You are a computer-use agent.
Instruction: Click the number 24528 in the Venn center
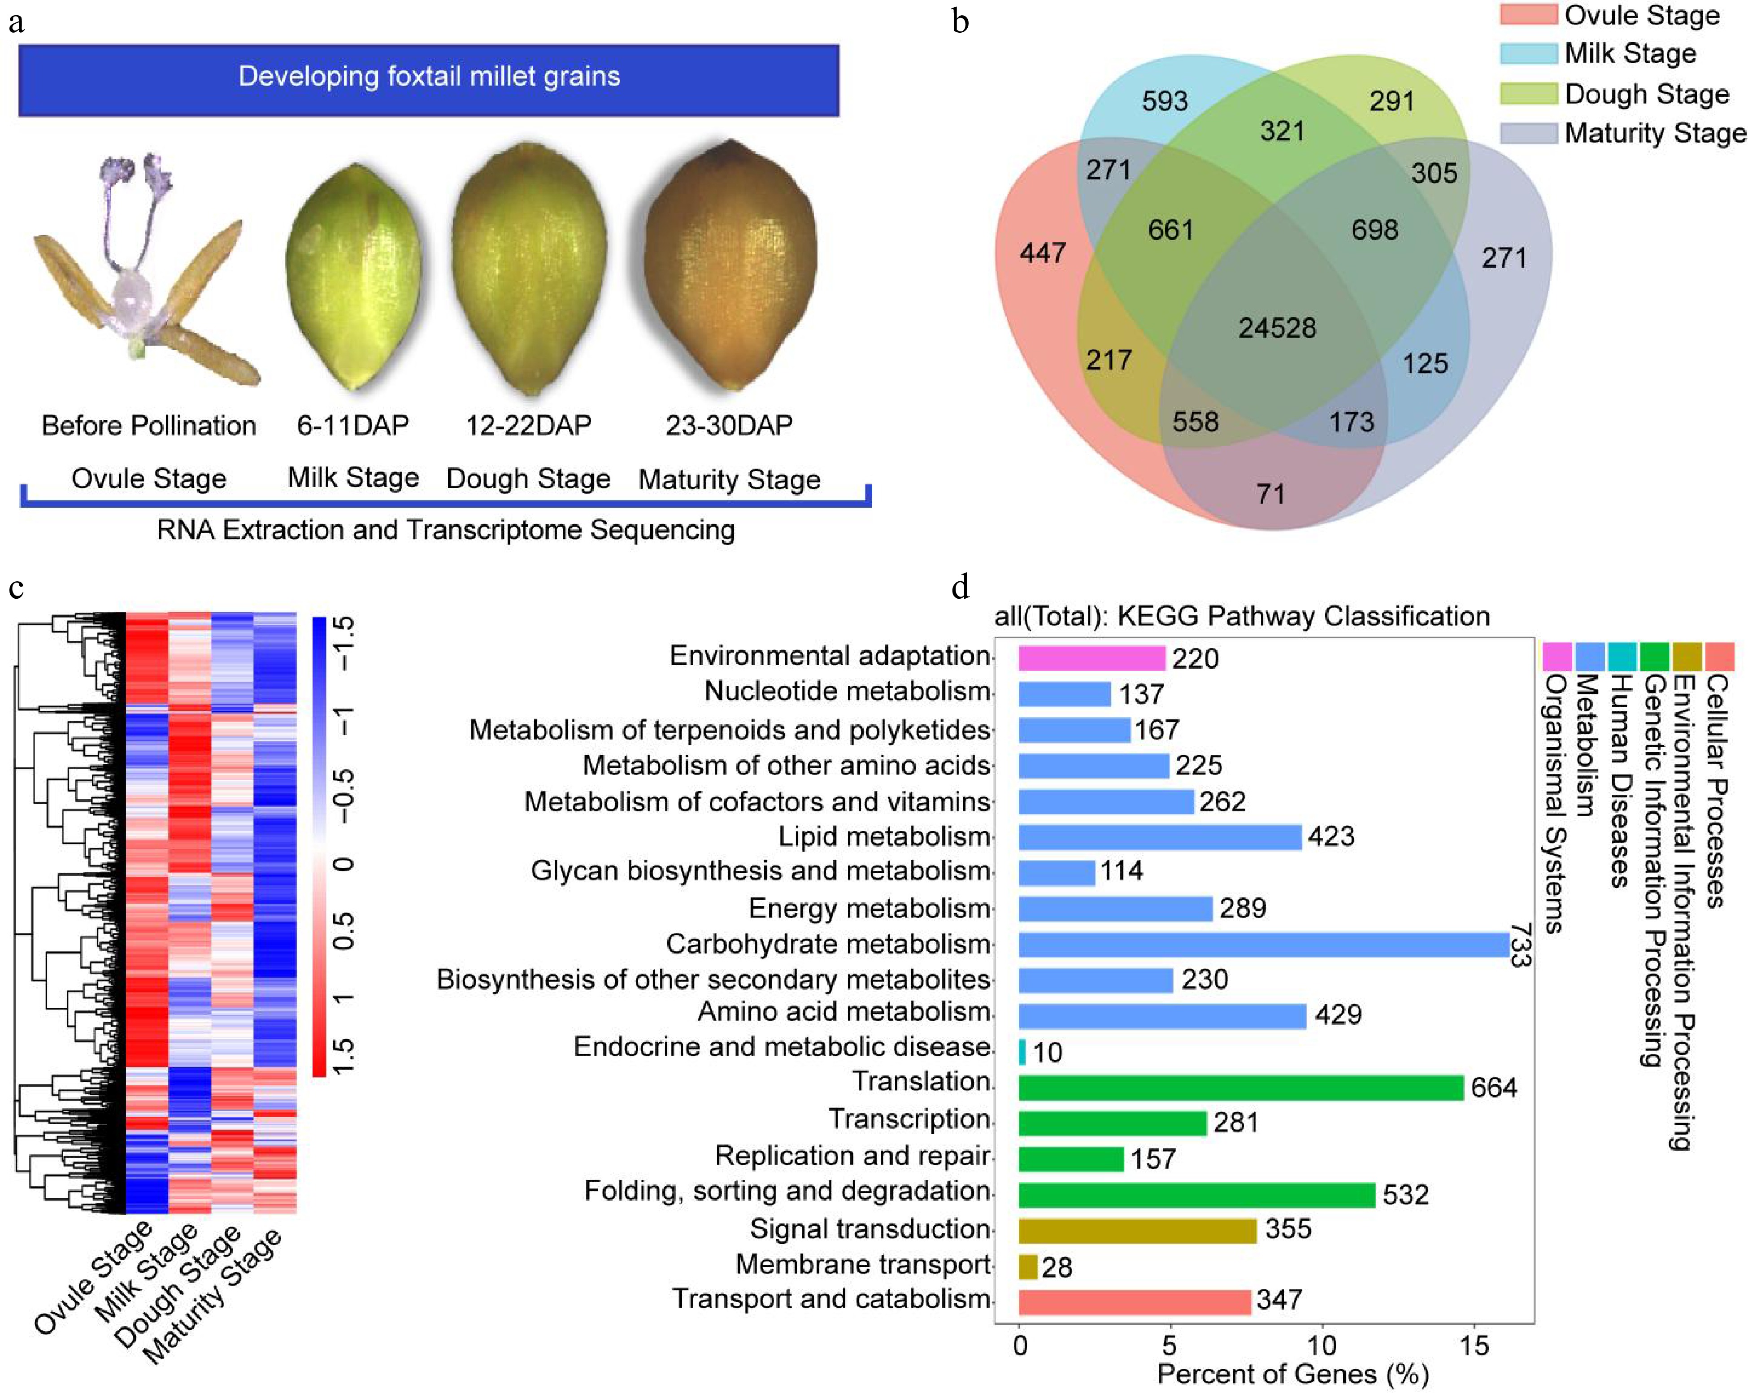pos(1277,327)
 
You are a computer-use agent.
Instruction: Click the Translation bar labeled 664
pos(1240,1087)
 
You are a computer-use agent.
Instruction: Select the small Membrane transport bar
pos(1027,1267)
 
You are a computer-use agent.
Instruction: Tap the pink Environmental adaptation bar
pos(1091,657)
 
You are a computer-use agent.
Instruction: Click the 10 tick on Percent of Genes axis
pos(1322,1346)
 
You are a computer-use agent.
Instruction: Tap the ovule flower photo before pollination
pos(146,268)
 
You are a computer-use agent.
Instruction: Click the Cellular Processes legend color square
pos(1719,655)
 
